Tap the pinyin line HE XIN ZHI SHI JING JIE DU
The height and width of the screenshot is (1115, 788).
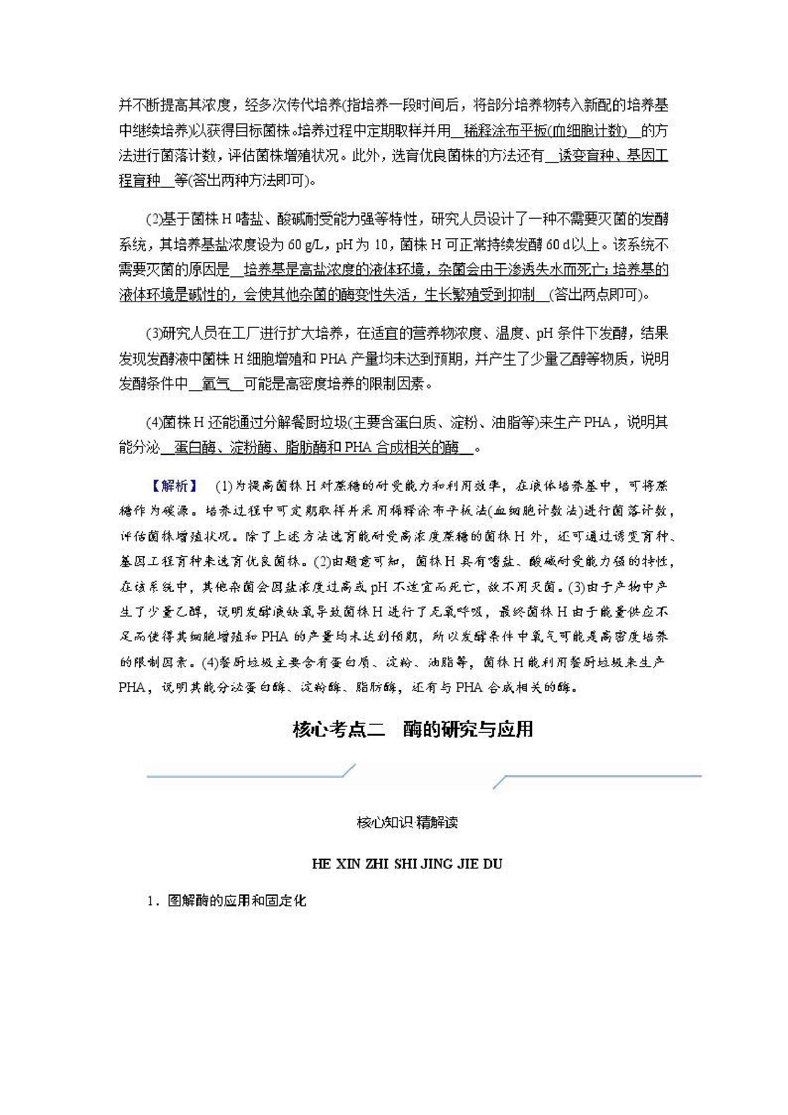pyautogui.click(x=406, y=864)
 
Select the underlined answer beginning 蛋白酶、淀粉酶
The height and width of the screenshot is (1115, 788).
pyautogui.click(x=316, y=447)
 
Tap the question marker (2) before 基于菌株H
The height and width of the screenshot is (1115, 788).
pyautogui.click(x=153, y=220)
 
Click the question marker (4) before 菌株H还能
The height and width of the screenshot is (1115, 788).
pyautogui.click(x=153, y=422)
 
